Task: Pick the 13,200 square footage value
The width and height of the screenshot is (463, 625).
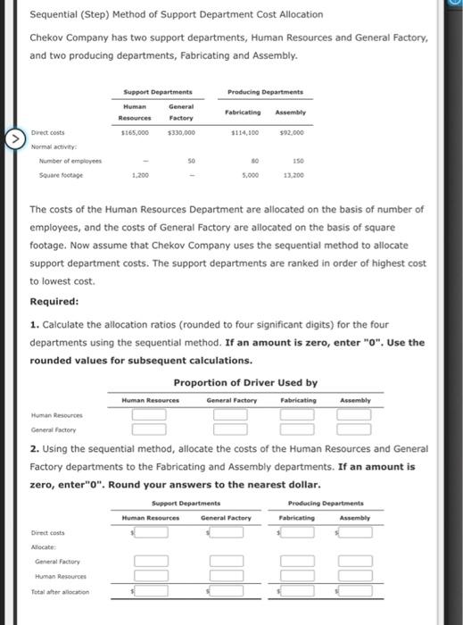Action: [x=292, y=176]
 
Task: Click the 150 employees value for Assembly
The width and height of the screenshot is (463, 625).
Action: [x=295, y=162]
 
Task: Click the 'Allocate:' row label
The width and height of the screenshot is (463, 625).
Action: [x=45, y=547]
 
